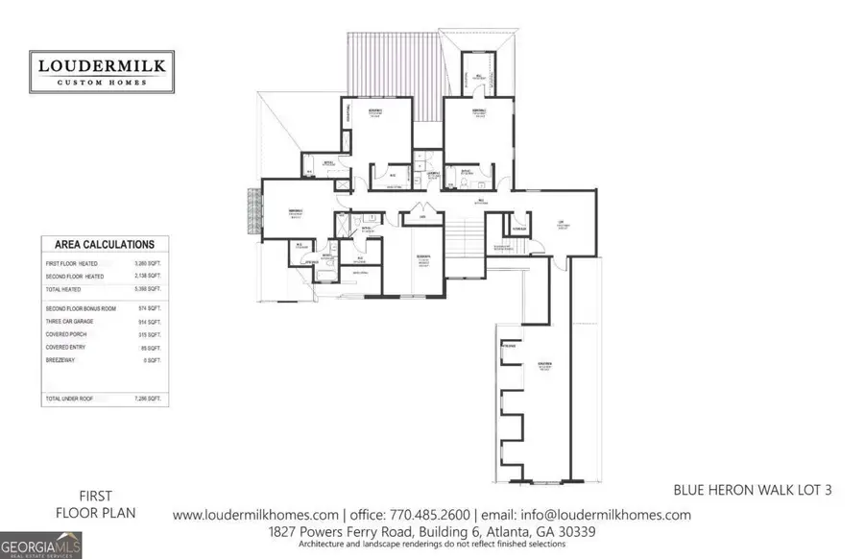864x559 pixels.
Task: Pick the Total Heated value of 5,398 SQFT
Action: tap(149, 288)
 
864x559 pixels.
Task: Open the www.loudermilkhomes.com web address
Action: tap(255, 515)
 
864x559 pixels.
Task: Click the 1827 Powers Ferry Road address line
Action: tap(432, 530)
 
